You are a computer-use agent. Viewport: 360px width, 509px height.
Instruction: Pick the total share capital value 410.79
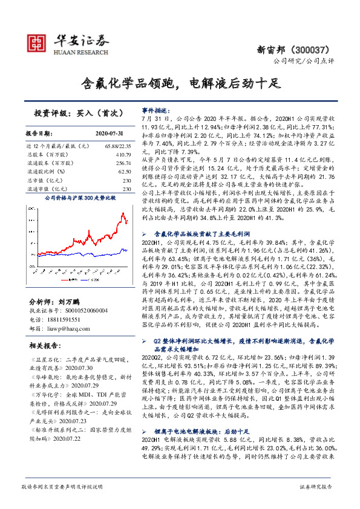click(x=123, y=155)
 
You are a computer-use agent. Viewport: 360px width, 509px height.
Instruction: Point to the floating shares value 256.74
click(x=123, y=163)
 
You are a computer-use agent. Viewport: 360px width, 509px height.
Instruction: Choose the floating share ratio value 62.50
click(x=125, y=172)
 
